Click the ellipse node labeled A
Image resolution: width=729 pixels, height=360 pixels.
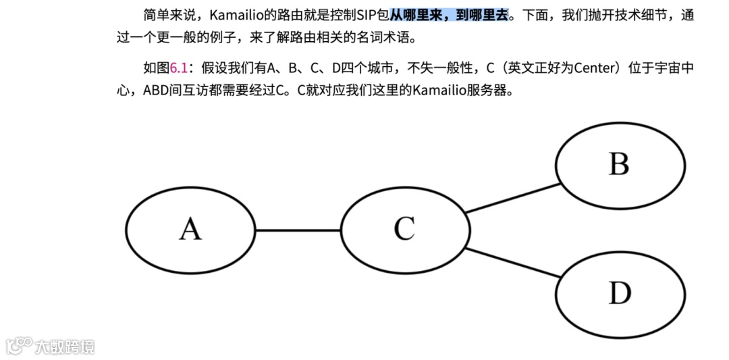coord(191,230)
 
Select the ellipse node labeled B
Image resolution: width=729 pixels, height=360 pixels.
coord(620,165)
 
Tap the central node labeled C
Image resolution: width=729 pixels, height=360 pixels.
coord(405,229)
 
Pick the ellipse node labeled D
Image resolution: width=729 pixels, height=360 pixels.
coord(620,293)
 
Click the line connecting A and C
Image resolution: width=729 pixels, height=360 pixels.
coord(298,230)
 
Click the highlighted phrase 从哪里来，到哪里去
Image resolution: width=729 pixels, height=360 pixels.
coord(449,15)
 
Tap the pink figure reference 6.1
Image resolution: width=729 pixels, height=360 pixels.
coord(178,68)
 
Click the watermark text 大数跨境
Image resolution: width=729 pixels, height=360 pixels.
coord(65,346)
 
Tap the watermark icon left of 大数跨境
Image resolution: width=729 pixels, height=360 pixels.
coord(20,345)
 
